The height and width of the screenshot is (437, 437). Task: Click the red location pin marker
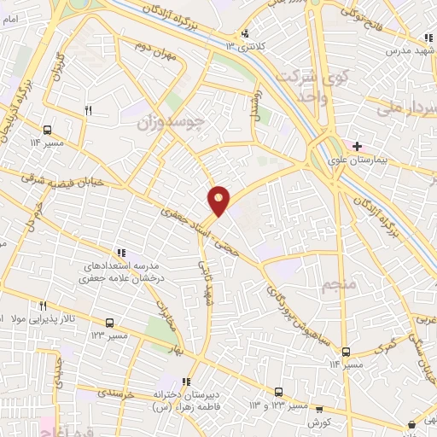pyautogui.click(x=218, y=201)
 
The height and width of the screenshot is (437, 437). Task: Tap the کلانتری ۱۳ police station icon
pyautogui.click(x=246, y=34)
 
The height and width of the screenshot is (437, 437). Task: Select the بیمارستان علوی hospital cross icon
pyautogui.click(x=356, y=146)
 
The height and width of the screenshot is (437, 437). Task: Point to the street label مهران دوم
pyautogui.click(x=158, y=61)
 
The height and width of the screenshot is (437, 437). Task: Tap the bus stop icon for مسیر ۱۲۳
pyautogui.click(x=109, y=322)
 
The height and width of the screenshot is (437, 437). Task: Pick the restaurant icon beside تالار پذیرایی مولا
pyautogui.click(x=42, y=306)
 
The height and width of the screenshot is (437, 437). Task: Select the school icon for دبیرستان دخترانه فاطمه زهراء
pyautogui.click(x=186, y=382)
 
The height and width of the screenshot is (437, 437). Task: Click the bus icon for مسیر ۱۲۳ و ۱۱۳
pyautogui.click(x=277, y=391)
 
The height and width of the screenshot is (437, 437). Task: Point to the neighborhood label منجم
pyautogui.click(x=335, y=285)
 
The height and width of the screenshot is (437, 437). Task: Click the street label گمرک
pyautogui.click(x=387, y=347)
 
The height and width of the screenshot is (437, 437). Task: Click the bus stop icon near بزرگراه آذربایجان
pyautogui.click(x=46, y=130)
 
